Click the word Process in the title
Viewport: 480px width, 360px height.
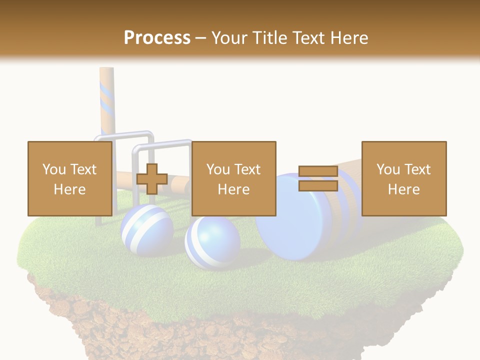[x=157, y=37]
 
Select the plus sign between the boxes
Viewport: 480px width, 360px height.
[x=152, y=179]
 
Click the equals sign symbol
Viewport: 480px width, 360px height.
[x=318, y=179]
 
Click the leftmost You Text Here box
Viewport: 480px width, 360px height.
[x=69, y=178]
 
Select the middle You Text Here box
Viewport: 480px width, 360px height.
[x=233, y=178]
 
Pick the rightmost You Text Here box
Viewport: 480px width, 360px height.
[x=403, y=178]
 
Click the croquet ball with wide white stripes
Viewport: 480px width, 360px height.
[x=146, y=231]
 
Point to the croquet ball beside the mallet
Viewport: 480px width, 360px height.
[x=212, y=242]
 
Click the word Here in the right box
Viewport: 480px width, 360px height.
[x=403, y=189]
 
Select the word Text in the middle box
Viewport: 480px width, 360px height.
[x=248, y=169]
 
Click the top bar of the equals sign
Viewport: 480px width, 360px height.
[x=318, y=172]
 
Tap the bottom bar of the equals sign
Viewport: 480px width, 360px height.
[x=318, y=186]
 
